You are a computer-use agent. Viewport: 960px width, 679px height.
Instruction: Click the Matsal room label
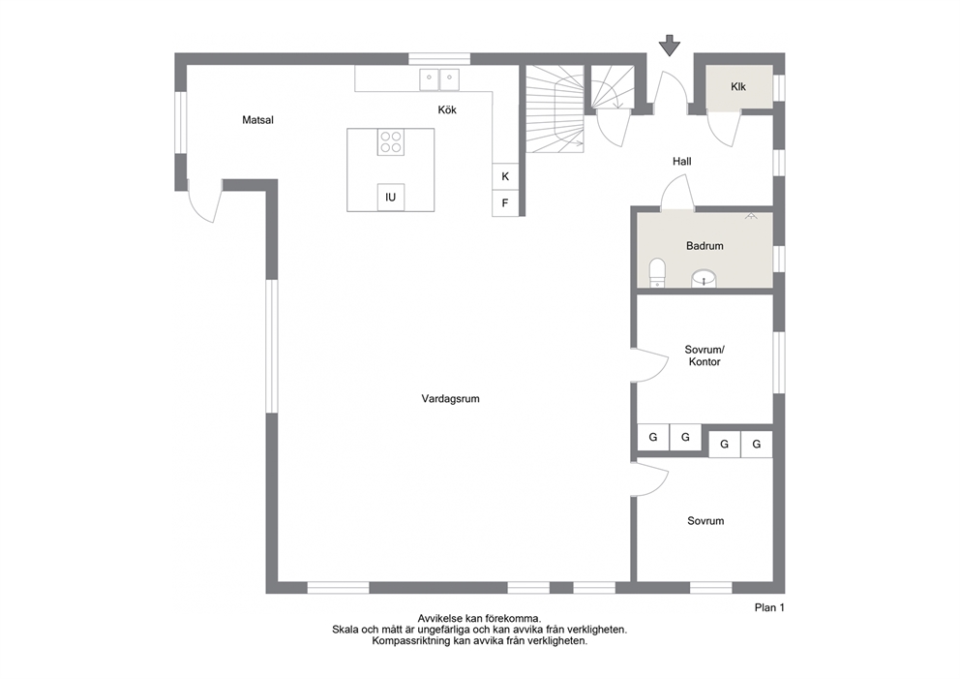[x=257, y=120]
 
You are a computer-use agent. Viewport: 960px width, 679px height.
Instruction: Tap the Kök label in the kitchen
[x=447, y=109]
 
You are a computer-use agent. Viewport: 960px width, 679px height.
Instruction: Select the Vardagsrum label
[x=451, y=398]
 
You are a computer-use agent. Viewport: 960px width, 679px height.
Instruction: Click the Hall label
[x=682, y=161]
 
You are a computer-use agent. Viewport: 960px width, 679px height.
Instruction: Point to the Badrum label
[x=705, y=246]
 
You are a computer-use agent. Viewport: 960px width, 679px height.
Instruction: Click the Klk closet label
[x=738, y=87]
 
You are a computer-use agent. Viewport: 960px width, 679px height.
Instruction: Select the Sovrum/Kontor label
[x=705, y=355]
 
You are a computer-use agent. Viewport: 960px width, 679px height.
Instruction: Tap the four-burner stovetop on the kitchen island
[x=391, y=142]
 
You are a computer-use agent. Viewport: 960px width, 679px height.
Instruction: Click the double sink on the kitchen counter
[x=439, y=79]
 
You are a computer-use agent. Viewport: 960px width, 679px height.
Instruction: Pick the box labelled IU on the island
[x=391, y=198]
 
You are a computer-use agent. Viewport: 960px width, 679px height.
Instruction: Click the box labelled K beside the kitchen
[x=506, y=176]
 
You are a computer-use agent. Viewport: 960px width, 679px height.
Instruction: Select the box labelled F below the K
[x=506, y=202]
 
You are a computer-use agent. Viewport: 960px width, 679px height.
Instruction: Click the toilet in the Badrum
[x=657, y=273]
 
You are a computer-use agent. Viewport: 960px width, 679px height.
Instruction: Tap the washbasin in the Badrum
[x=705, y=279]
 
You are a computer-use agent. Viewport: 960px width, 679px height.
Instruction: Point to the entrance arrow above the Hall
[x=670, y=46]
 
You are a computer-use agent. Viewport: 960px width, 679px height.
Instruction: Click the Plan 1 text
[x=769, y=608]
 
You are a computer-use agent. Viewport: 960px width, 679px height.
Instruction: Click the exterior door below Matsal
[x=205, y=202]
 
